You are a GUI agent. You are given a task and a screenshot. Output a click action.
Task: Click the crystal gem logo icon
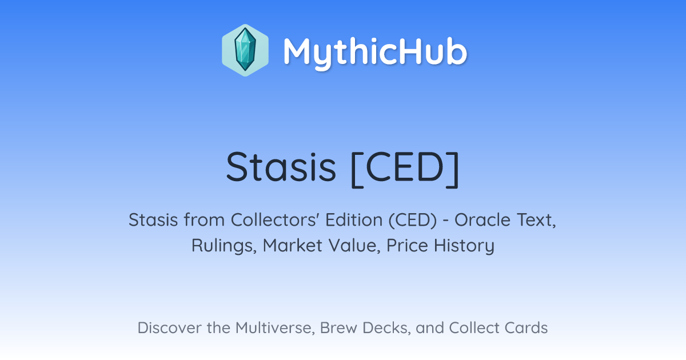[245, 50]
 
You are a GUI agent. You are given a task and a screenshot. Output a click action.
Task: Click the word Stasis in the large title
[281, 167]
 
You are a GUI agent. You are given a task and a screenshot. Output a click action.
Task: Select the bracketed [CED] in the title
[405, 169]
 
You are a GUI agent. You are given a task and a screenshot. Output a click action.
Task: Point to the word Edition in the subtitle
[354, 220]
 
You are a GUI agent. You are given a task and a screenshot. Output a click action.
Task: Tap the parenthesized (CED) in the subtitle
[413, 221]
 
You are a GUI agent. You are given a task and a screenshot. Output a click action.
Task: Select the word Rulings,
[224, 246]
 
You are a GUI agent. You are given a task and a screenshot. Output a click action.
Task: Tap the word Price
[407, 245]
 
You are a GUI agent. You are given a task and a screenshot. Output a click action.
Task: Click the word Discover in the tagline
[169, 327]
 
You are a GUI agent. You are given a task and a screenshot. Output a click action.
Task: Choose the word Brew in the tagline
[338, 327]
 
